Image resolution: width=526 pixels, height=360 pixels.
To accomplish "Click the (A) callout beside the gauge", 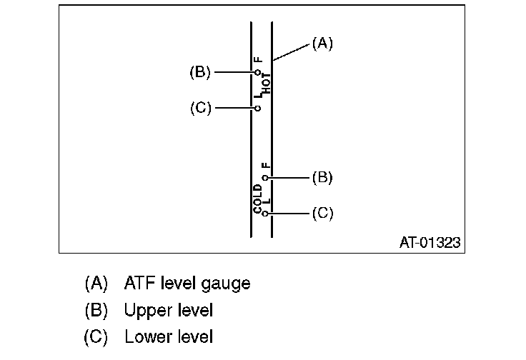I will point(322,44).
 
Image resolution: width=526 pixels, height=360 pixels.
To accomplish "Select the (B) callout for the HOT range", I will point(200,72).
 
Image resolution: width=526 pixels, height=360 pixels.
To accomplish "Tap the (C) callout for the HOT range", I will point(201,109).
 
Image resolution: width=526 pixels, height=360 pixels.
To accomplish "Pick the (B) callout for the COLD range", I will point(322,177).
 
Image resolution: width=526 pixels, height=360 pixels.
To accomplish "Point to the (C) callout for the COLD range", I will point(322,214).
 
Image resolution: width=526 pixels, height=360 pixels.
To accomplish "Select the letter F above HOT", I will point(258,60).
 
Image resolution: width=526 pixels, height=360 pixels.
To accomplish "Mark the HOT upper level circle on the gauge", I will point(257,72).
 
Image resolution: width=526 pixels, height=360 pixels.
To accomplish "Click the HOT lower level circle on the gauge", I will point(257,109).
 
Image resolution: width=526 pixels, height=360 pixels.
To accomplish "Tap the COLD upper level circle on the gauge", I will point(265,177).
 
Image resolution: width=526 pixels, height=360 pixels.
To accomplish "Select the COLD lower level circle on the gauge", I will point(265,214).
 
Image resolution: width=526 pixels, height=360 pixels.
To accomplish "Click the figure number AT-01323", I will point(430,243).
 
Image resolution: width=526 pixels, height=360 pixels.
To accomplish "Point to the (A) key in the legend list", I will point(96,284).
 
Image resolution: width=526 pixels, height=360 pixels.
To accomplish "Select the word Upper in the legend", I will point(147,311).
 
